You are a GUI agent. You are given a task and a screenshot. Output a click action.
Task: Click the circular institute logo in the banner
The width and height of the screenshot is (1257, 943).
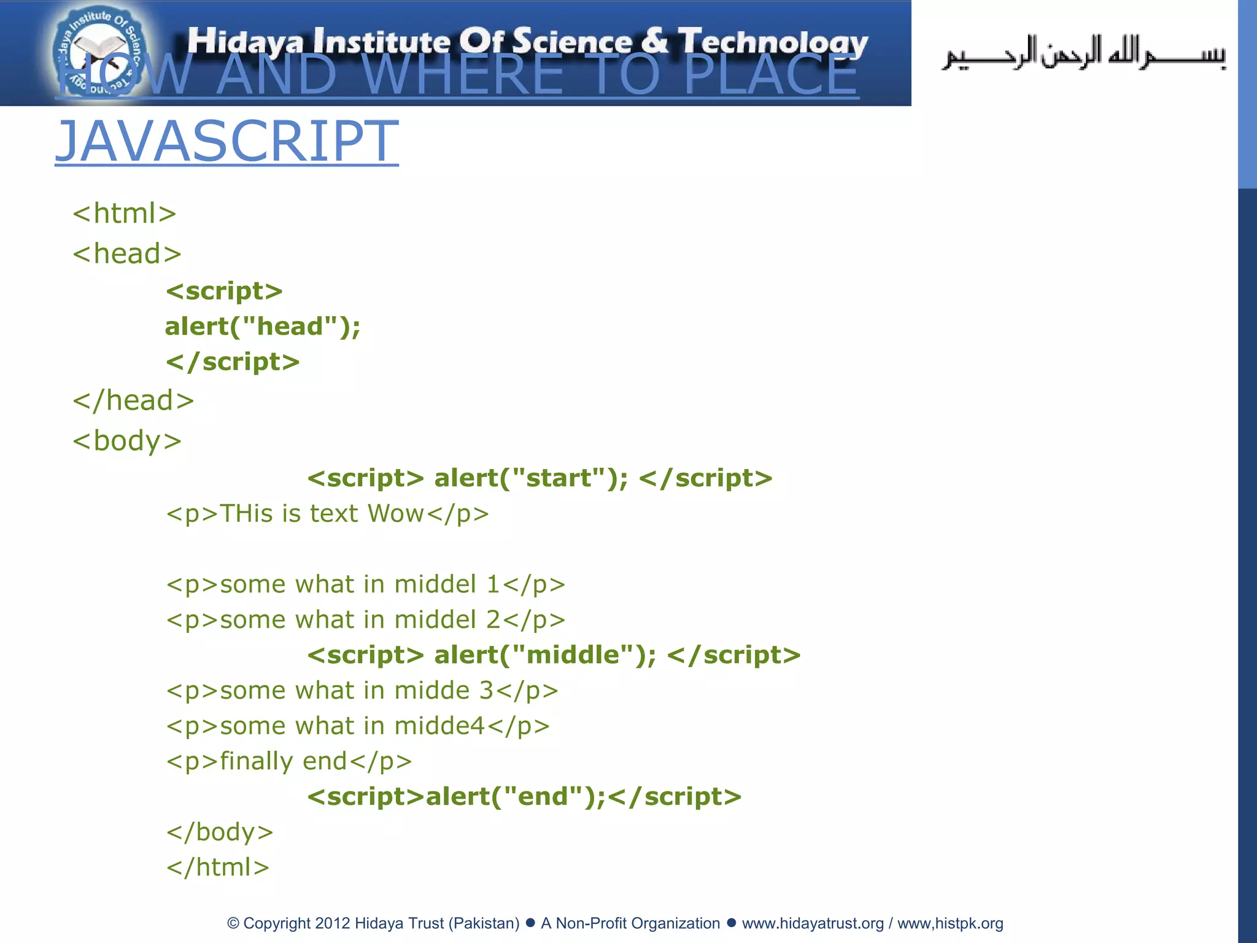point(98,53)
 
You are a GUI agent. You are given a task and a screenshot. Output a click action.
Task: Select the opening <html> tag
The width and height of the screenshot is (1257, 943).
point(125,214)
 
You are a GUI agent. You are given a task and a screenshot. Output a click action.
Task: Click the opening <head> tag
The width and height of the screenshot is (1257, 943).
point(127,254)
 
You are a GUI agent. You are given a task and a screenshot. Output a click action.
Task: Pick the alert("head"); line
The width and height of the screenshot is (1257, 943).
point(263,327)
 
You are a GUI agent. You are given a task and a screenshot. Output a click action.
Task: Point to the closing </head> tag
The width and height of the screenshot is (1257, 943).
point(133,400)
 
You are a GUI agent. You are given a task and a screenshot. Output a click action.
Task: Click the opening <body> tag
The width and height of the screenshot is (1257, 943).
point(127,441)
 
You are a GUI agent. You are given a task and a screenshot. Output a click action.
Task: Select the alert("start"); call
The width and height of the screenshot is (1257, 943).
point(531,478)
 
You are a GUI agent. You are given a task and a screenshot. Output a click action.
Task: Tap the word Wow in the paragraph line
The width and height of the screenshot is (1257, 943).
point(396,514)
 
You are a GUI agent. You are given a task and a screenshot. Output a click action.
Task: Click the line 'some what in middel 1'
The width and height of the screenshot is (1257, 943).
point(366,584)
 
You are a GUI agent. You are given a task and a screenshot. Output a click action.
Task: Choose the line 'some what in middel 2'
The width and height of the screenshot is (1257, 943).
point(366,620)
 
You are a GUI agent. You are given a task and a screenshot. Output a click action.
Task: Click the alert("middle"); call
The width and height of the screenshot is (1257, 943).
point(545,655)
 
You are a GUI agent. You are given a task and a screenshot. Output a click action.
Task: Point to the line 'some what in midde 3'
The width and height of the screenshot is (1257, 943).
point(362,691)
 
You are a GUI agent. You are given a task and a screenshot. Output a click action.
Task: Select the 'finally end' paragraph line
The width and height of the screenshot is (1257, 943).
point(289,761)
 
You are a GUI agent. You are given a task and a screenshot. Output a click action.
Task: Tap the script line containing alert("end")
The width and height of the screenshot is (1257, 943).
point(524,797)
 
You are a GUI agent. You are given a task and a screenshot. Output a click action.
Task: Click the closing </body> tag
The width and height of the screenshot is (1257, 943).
point(220,832)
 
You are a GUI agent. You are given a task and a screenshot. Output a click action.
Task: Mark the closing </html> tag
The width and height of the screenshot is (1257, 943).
point(218,867)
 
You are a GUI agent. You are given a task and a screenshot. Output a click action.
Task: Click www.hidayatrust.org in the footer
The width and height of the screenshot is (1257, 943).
point(813,923)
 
